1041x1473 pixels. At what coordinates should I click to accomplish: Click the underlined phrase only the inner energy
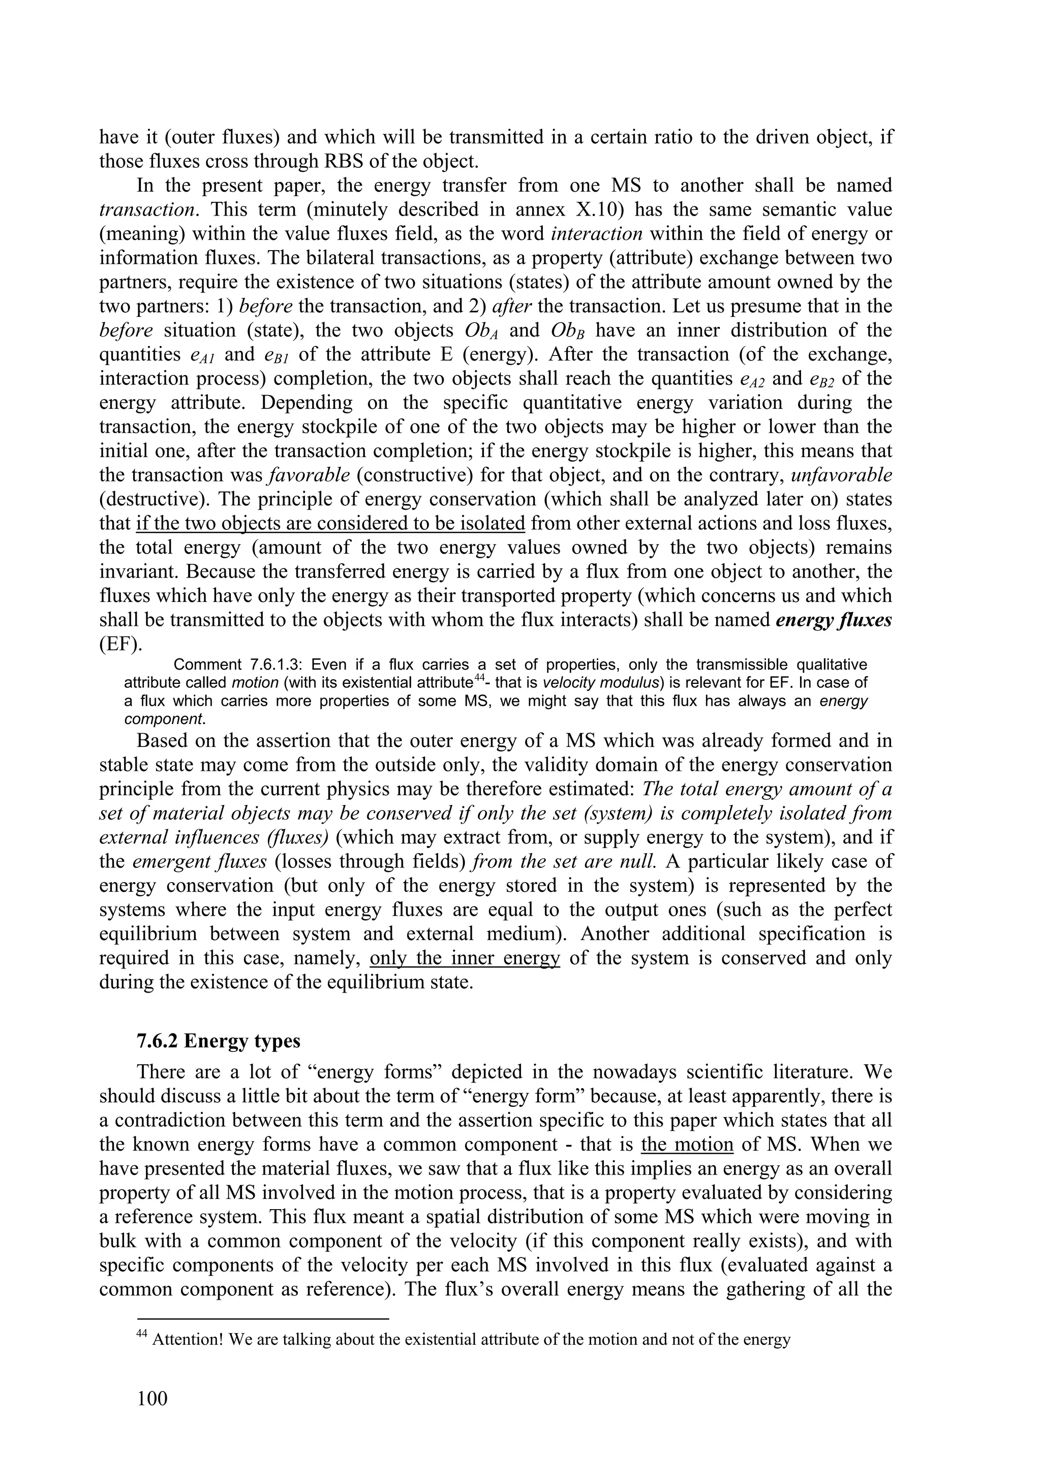[465, 958]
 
